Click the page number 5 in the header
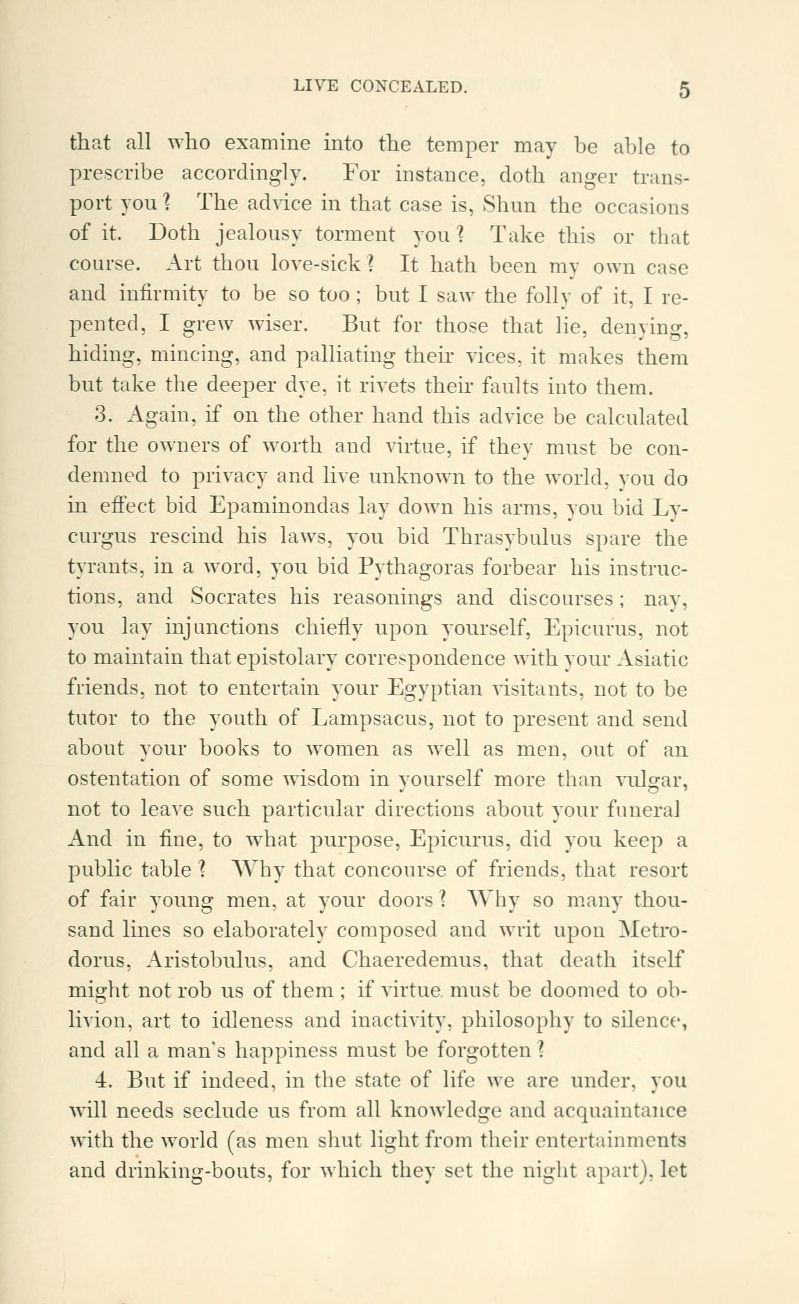(x=684, y=90)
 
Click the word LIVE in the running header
(x=316, y=86)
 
